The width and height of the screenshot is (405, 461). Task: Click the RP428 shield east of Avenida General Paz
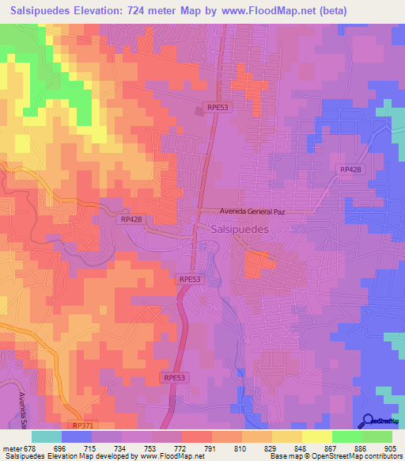[x=350, y=170]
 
